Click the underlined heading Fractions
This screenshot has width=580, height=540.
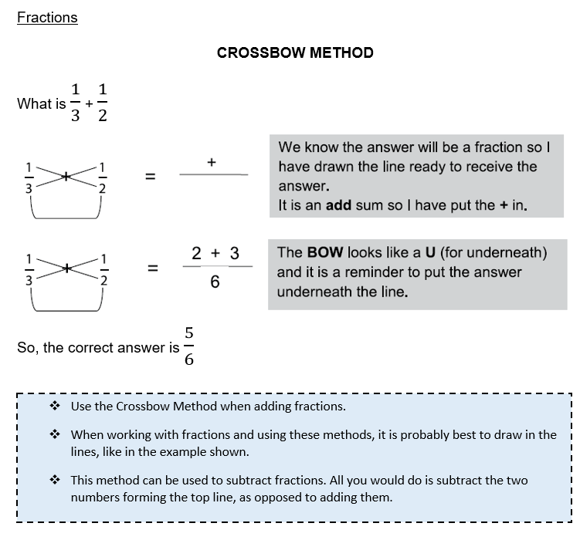point(47,17)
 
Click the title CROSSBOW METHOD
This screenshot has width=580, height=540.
point(295,53)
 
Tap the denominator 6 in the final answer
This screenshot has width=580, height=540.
point(188,359)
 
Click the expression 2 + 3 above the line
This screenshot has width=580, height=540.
point(215,253)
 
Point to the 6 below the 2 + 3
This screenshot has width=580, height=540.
point(215,282)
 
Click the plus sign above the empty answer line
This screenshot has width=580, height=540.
point(211,162)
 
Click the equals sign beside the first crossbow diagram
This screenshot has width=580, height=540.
point(151,177)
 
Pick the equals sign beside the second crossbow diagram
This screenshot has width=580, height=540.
point(153,268)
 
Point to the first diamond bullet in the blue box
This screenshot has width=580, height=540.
point(56,406)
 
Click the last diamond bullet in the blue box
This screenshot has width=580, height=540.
point(56,480)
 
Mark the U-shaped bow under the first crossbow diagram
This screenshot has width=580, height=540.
point(65,211)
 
